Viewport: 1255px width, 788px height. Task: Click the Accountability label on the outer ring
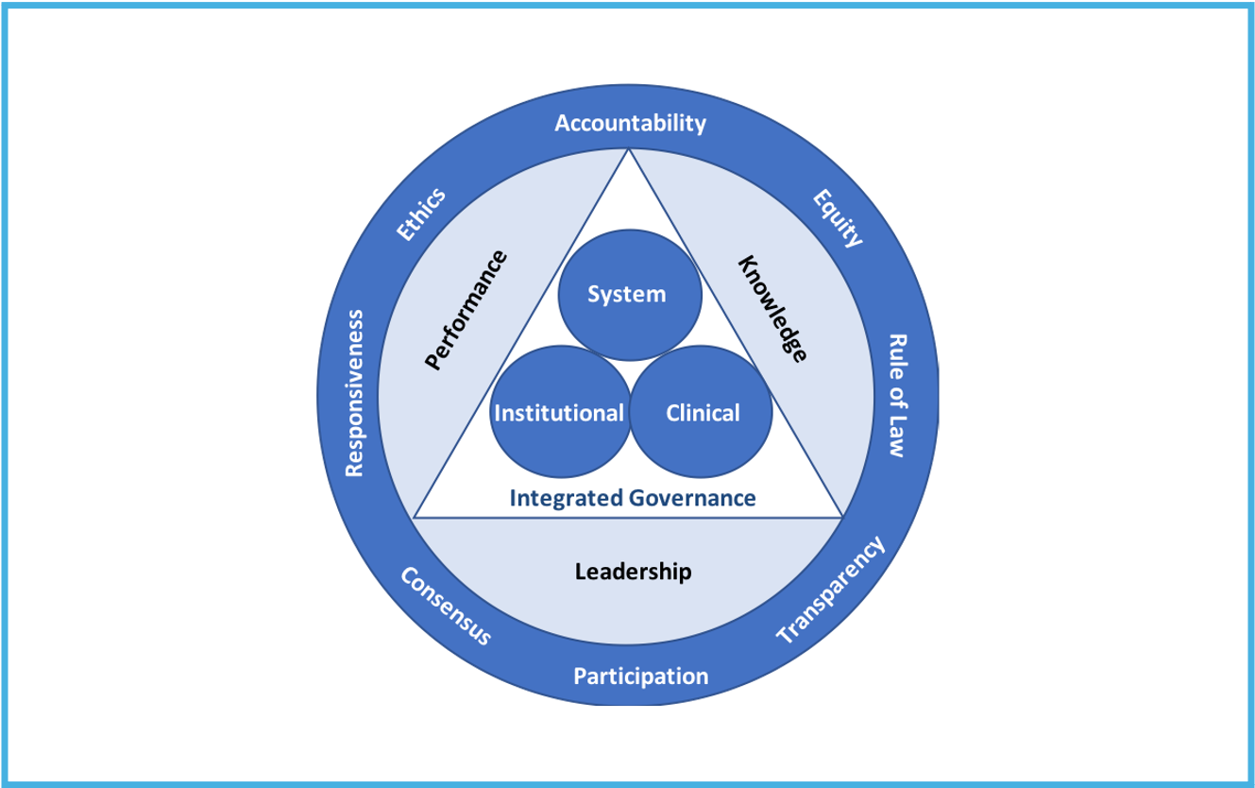click(630, 123)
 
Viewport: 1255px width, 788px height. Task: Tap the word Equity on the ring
click(838, 218)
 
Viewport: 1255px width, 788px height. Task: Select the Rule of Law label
click(896, 395)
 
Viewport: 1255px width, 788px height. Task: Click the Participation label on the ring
click(640, 677)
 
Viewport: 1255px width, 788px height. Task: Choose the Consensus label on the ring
click(445, 606)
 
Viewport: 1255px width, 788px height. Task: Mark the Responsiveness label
click(355, 391)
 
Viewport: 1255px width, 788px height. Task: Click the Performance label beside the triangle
click(466, 310)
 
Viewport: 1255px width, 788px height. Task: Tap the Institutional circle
click(559, 413)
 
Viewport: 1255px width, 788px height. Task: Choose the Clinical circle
click(702, 413)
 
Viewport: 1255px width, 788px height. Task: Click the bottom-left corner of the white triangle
click(415, 517)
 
